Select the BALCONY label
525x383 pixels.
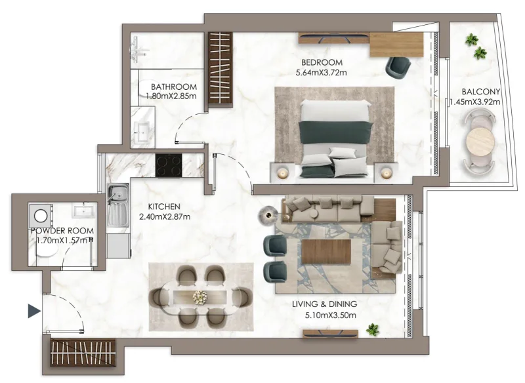481,92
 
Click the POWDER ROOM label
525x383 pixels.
62,231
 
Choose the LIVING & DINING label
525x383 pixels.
325,304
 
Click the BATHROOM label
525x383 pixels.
174,87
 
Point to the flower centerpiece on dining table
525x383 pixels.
199,297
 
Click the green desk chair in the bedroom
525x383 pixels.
398,66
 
